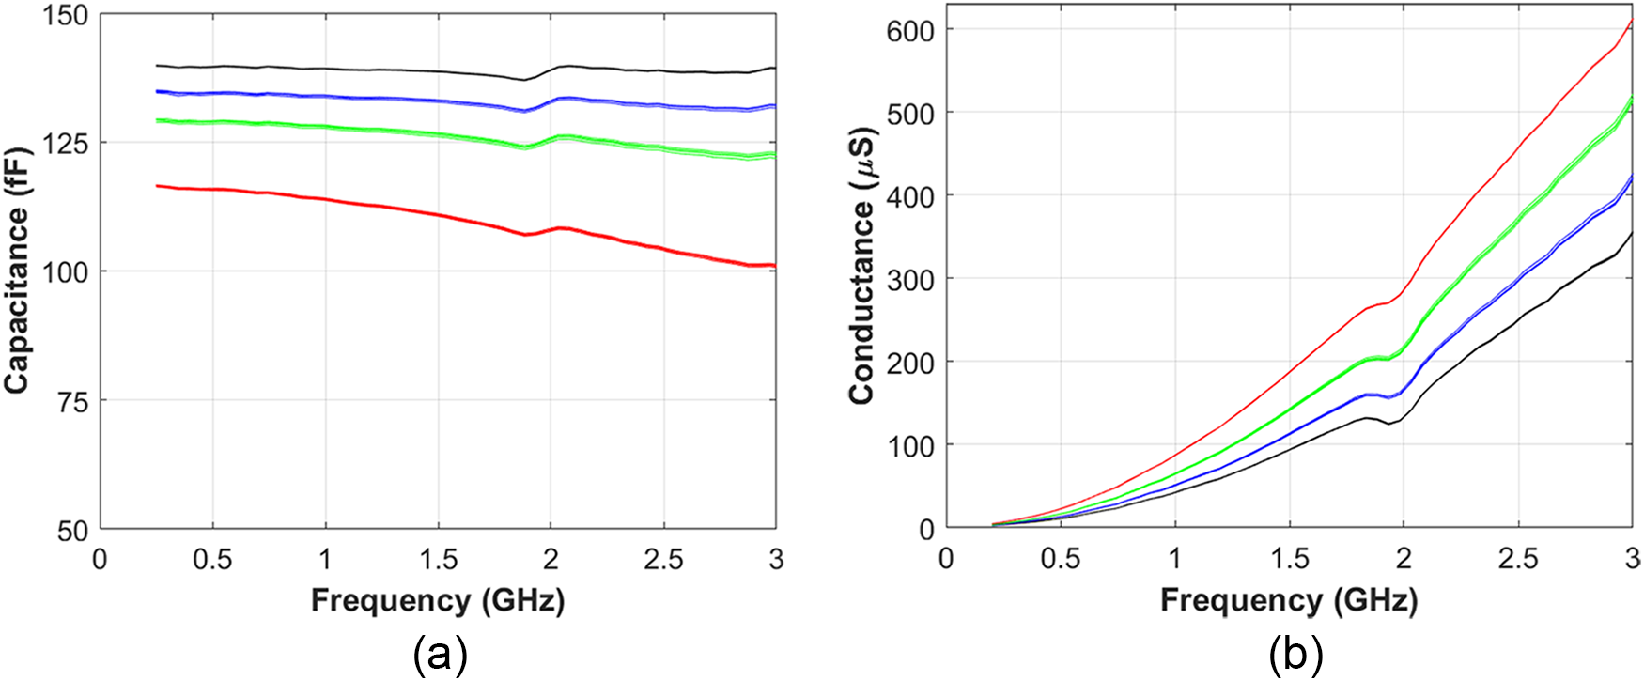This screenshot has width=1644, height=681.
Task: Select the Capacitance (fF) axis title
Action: click(x=17, y=272)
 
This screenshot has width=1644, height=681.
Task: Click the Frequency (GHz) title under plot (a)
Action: click(x=438, y=600)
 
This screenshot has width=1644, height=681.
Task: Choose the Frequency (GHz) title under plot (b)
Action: click(x=1288, y=600)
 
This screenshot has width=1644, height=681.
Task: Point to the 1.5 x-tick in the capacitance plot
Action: click(x=438, y=560)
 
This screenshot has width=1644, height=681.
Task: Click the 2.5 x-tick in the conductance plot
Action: click(x=1518, y=560)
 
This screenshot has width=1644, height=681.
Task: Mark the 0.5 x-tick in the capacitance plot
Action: click(x=212, y=560)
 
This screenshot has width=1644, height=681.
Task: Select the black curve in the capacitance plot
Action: click(x=376, y=69)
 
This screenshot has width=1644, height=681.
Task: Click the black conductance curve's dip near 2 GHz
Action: click(x=1388, y=424)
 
